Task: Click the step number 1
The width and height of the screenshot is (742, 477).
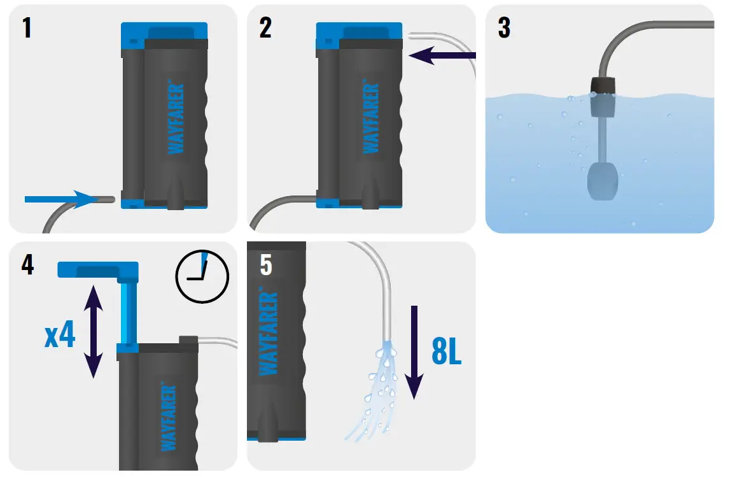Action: tap(26, 28)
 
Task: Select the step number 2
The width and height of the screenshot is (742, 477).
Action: tap(265, 28)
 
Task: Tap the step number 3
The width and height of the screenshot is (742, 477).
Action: tap(504, 28)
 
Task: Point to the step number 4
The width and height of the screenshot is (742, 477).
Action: tap(27, 264)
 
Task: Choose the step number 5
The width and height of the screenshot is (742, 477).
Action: tap(266, 265)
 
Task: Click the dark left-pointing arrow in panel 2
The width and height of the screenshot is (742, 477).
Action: tap(442, 56)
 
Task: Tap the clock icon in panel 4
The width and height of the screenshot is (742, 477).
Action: tap(202, 276)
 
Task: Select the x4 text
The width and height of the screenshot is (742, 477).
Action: tap(60, 337)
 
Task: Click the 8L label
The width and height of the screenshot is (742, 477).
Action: tap(446, 352)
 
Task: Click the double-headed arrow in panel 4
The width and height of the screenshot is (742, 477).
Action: tap(93, 332)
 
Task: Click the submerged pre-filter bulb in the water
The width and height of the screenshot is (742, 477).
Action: tap(601, 180)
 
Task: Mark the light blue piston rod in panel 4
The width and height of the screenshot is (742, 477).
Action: tap(127, 312)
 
